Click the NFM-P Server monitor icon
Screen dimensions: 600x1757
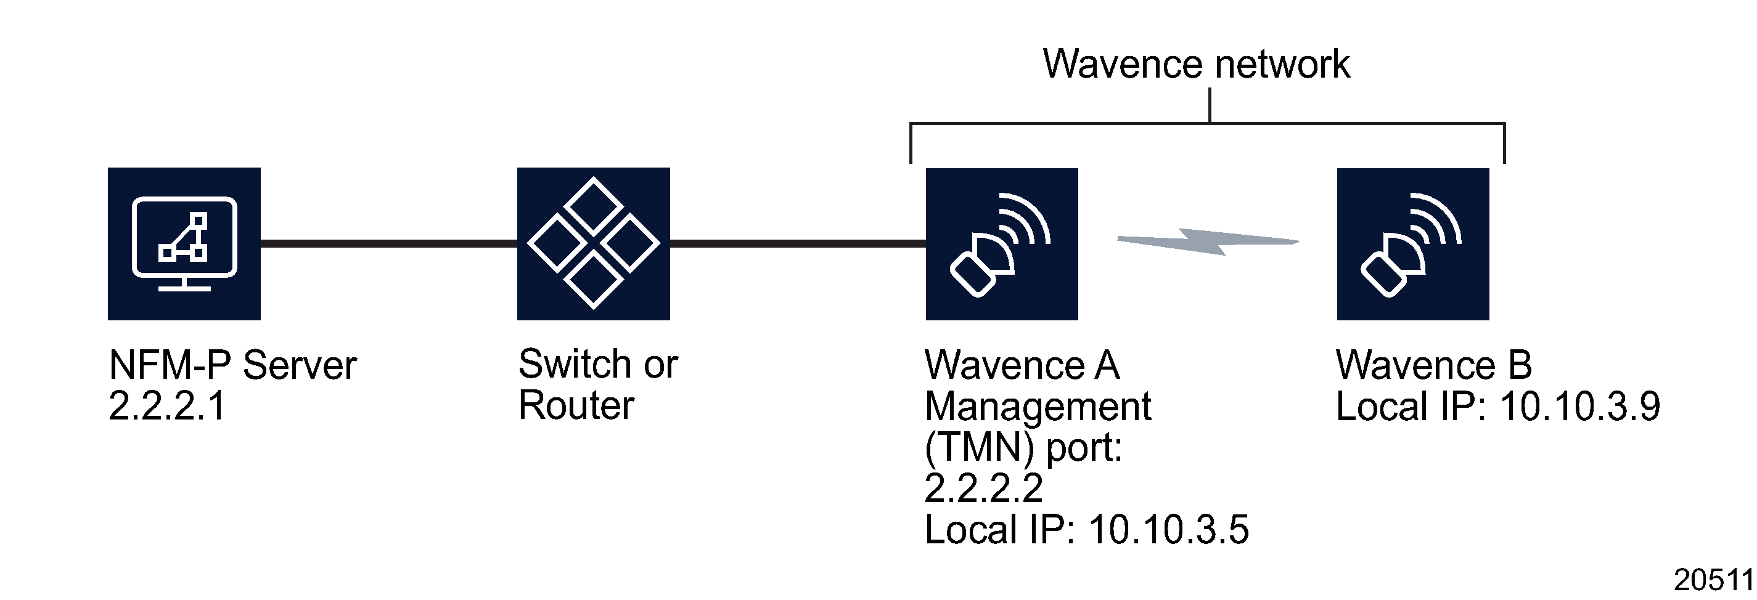184,243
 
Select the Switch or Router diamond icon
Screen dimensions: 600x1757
594,243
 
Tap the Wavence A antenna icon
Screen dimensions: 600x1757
1001,243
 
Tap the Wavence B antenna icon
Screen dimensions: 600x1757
1412,243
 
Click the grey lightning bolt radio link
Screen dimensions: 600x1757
1207,241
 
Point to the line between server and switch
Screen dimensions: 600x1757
389,243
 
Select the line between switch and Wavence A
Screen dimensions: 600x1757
798,243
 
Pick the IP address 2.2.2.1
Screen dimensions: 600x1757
167,407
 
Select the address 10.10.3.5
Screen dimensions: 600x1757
1168,530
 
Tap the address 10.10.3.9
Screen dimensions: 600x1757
1579,407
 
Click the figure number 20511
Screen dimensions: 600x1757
1713,580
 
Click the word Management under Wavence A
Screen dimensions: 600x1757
1038,407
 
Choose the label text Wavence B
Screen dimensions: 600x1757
1434,365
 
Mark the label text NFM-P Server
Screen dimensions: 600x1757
232,365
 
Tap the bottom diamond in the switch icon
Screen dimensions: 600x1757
594,280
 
